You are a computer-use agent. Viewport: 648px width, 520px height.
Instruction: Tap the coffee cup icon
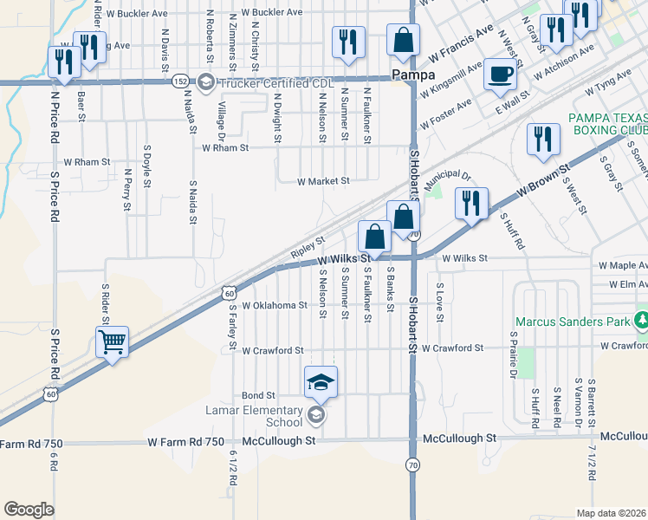click(500, 75)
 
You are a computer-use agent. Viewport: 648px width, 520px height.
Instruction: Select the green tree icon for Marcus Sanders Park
click(641, 322)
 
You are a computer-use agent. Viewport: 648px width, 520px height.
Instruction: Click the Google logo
click(29, 510)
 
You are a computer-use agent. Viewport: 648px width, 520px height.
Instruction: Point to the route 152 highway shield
click(179, 81)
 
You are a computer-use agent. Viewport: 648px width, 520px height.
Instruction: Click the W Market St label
click(322, 182)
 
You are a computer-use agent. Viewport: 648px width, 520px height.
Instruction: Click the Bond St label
click(258, 395)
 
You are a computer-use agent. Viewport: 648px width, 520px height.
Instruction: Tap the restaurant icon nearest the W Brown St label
click(470, 203)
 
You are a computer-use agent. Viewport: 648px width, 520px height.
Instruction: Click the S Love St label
click(439, 302)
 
